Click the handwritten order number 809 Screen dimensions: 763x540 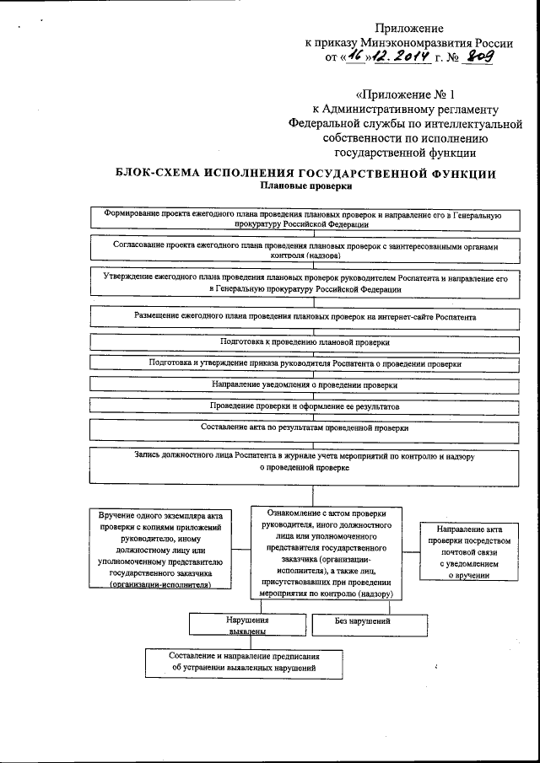[478, 58]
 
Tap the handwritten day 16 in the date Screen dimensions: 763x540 [354, 58]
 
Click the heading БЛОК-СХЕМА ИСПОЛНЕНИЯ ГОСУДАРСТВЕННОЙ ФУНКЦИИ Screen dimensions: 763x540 [305, 174]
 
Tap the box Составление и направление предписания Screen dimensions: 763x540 [244, 663]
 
